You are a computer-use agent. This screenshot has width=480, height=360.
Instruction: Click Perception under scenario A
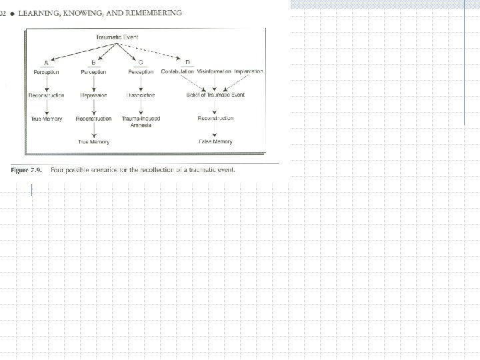[x=46, y=72]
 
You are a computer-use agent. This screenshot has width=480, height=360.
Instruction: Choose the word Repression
[x=94, y=95]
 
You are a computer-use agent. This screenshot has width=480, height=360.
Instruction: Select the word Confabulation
[x=177, y=72]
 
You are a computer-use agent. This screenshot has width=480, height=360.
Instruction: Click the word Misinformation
[x=214, y=72]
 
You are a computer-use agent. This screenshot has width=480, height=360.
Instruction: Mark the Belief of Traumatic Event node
[x=215, y=95]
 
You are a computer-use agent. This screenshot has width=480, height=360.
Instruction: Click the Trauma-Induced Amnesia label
[x=141, y=122]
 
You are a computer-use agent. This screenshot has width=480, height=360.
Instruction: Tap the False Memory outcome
[x=215, y=142]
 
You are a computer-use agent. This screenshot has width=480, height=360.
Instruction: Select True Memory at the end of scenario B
[x=94, y=142]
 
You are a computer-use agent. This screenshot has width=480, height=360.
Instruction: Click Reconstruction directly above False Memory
[x=215, y=119]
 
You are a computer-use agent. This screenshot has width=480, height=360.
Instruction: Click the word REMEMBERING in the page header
[x=150, y=13]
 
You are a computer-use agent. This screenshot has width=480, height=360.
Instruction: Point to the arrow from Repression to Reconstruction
[x=94, y=107]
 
